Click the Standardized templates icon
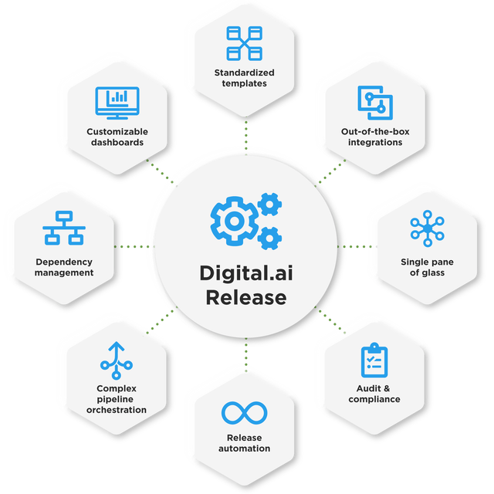[x=244, y=43]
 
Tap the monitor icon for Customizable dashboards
[x=116, y=104]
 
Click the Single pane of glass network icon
[x=427, y=228]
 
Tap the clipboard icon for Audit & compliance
[x=374, y=360]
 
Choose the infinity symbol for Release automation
[x=244, y=413]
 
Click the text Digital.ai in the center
[x=244, y=273]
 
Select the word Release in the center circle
[x=244, y=297]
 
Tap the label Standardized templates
[x=244, y=78]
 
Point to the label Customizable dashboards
[x=117, y=137]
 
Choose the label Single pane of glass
[x=427, y=267]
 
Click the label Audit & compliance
[x=374, y=394]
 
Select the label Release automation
[x=244, y=443]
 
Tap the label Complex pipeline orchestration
[x=117, y=398]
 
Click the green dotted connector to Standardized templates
[x=245, y=135]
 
